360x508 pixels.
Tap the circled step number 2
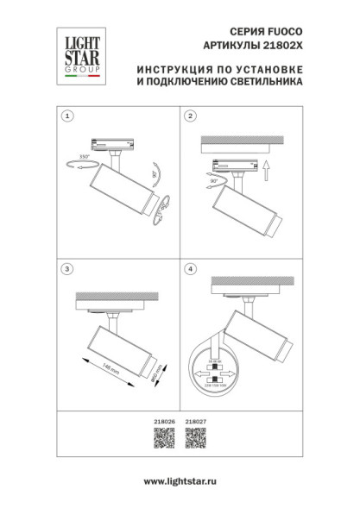193,116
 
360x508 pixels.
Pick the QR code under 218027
196,438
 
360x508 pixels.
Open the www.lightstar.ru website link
180,482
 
